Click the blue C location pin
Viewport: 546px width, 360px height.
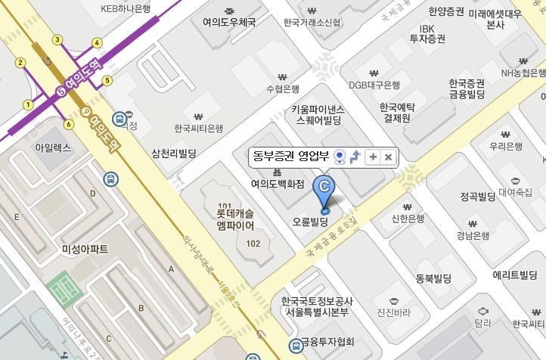tap(325, 190)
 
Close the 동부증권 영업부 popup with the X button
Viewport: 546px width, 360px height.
tap(388, 157)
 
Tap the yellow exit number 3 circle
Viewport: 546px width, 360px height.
tap(57, 40)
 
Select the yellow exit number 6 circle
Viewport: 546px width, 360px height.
tap(69, 124)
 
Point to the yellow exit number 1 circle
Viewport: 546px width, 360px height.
tap(28, 105)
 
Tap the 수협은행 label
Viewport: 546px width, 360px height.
tap(283, 88)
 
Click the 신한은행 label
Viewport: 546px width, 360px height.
tap(408, 219)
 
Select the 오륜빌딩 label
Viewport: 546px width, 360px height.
tap(310, 222)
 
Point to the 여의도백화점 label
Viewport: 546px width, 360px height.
tap(278, 184)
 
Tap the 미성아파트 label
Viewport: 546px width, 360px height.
tap(85, 249)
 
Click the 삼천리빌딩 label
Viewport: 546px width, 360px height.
tap(174, 153)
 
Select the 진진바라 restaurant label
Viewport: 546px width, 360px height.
tap(393, 312)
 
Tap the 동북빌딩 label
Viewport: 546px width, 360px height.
tap(433, 278)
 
